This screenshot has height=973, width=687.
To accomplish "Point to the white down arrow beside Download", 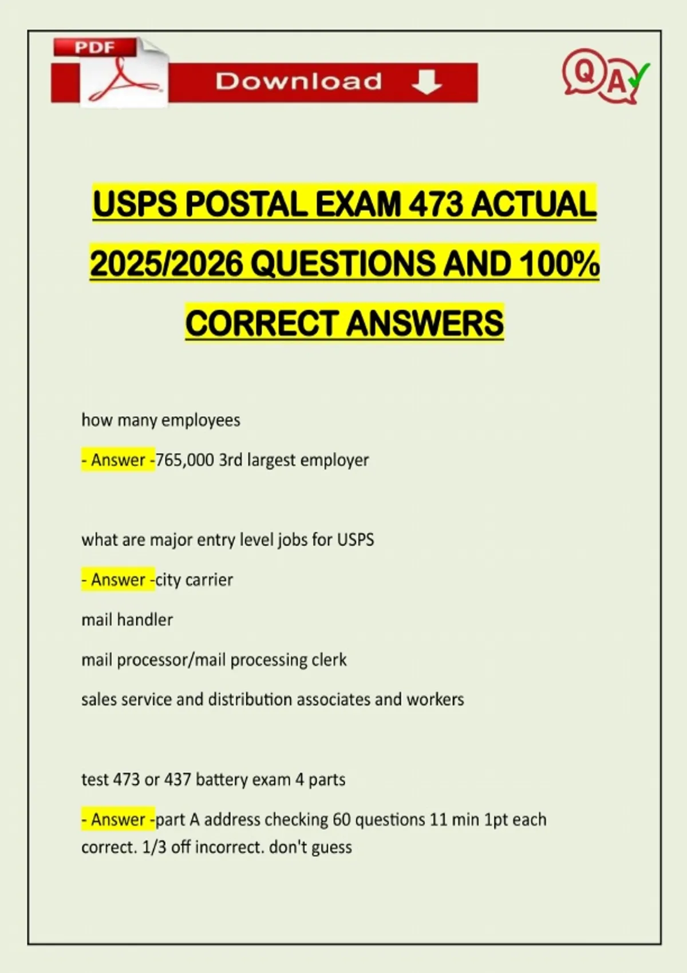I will pyautogui.click(x=427, y=82).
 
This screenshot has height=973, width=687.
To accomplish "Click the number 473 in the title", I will pyautogui.click(x=435, y=204).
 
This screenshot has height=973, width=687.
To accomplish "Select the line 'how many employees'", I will pyautogui.click(x=161, y=420).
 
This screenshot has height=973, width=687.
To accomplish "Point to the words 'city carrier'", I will pyautogui.click(x=194, y=580).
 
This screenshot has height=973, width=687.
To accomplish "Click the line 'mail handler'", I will pyautogui.click(x=127, y=620).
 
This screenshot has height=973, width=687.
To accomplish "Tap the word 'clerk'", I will pyautogui.click(x=329, y=660).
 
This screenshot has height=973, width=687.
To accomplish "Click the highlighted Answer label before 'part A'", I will pyautogui.click(x=118, y=820).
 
